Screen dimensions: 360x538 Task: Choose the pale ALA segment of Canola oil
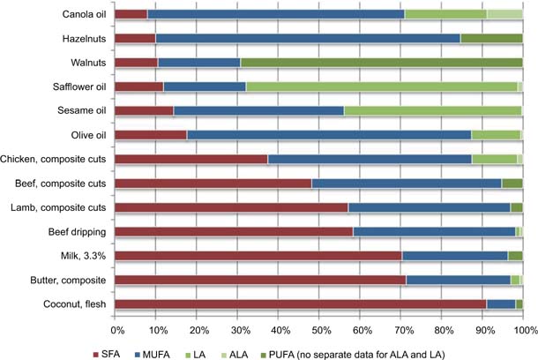[504, 14]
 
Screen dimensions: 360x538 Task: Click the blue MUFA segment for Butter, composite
[458, 280]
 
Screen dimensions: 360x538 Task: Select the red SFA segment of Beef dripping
[234, 231]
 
